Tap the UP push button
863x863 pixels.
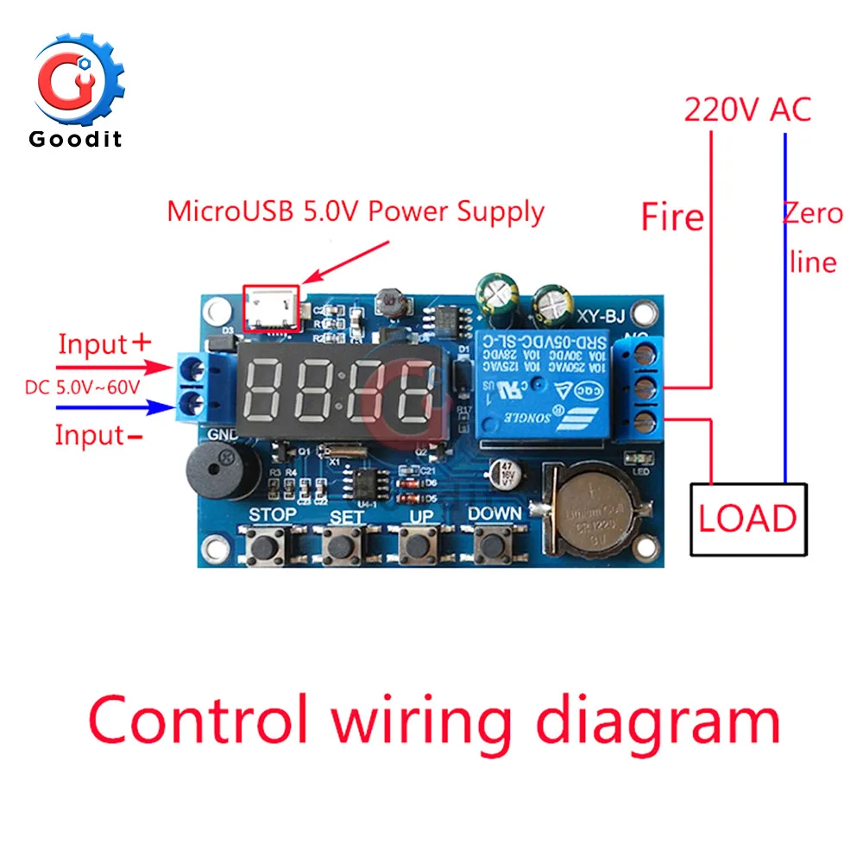click(418, 545)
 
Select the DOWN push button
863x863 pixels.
click(493, 545)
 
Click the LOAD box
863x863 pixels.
click(747, 518)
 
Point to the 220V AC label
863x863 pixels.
click(747, 110)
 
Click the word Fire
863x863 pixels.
click(672, 217)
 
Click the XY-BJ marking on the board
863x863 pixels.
click(602, 316)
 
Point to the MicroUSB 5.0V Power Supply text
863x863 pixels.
click(356, 211)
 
